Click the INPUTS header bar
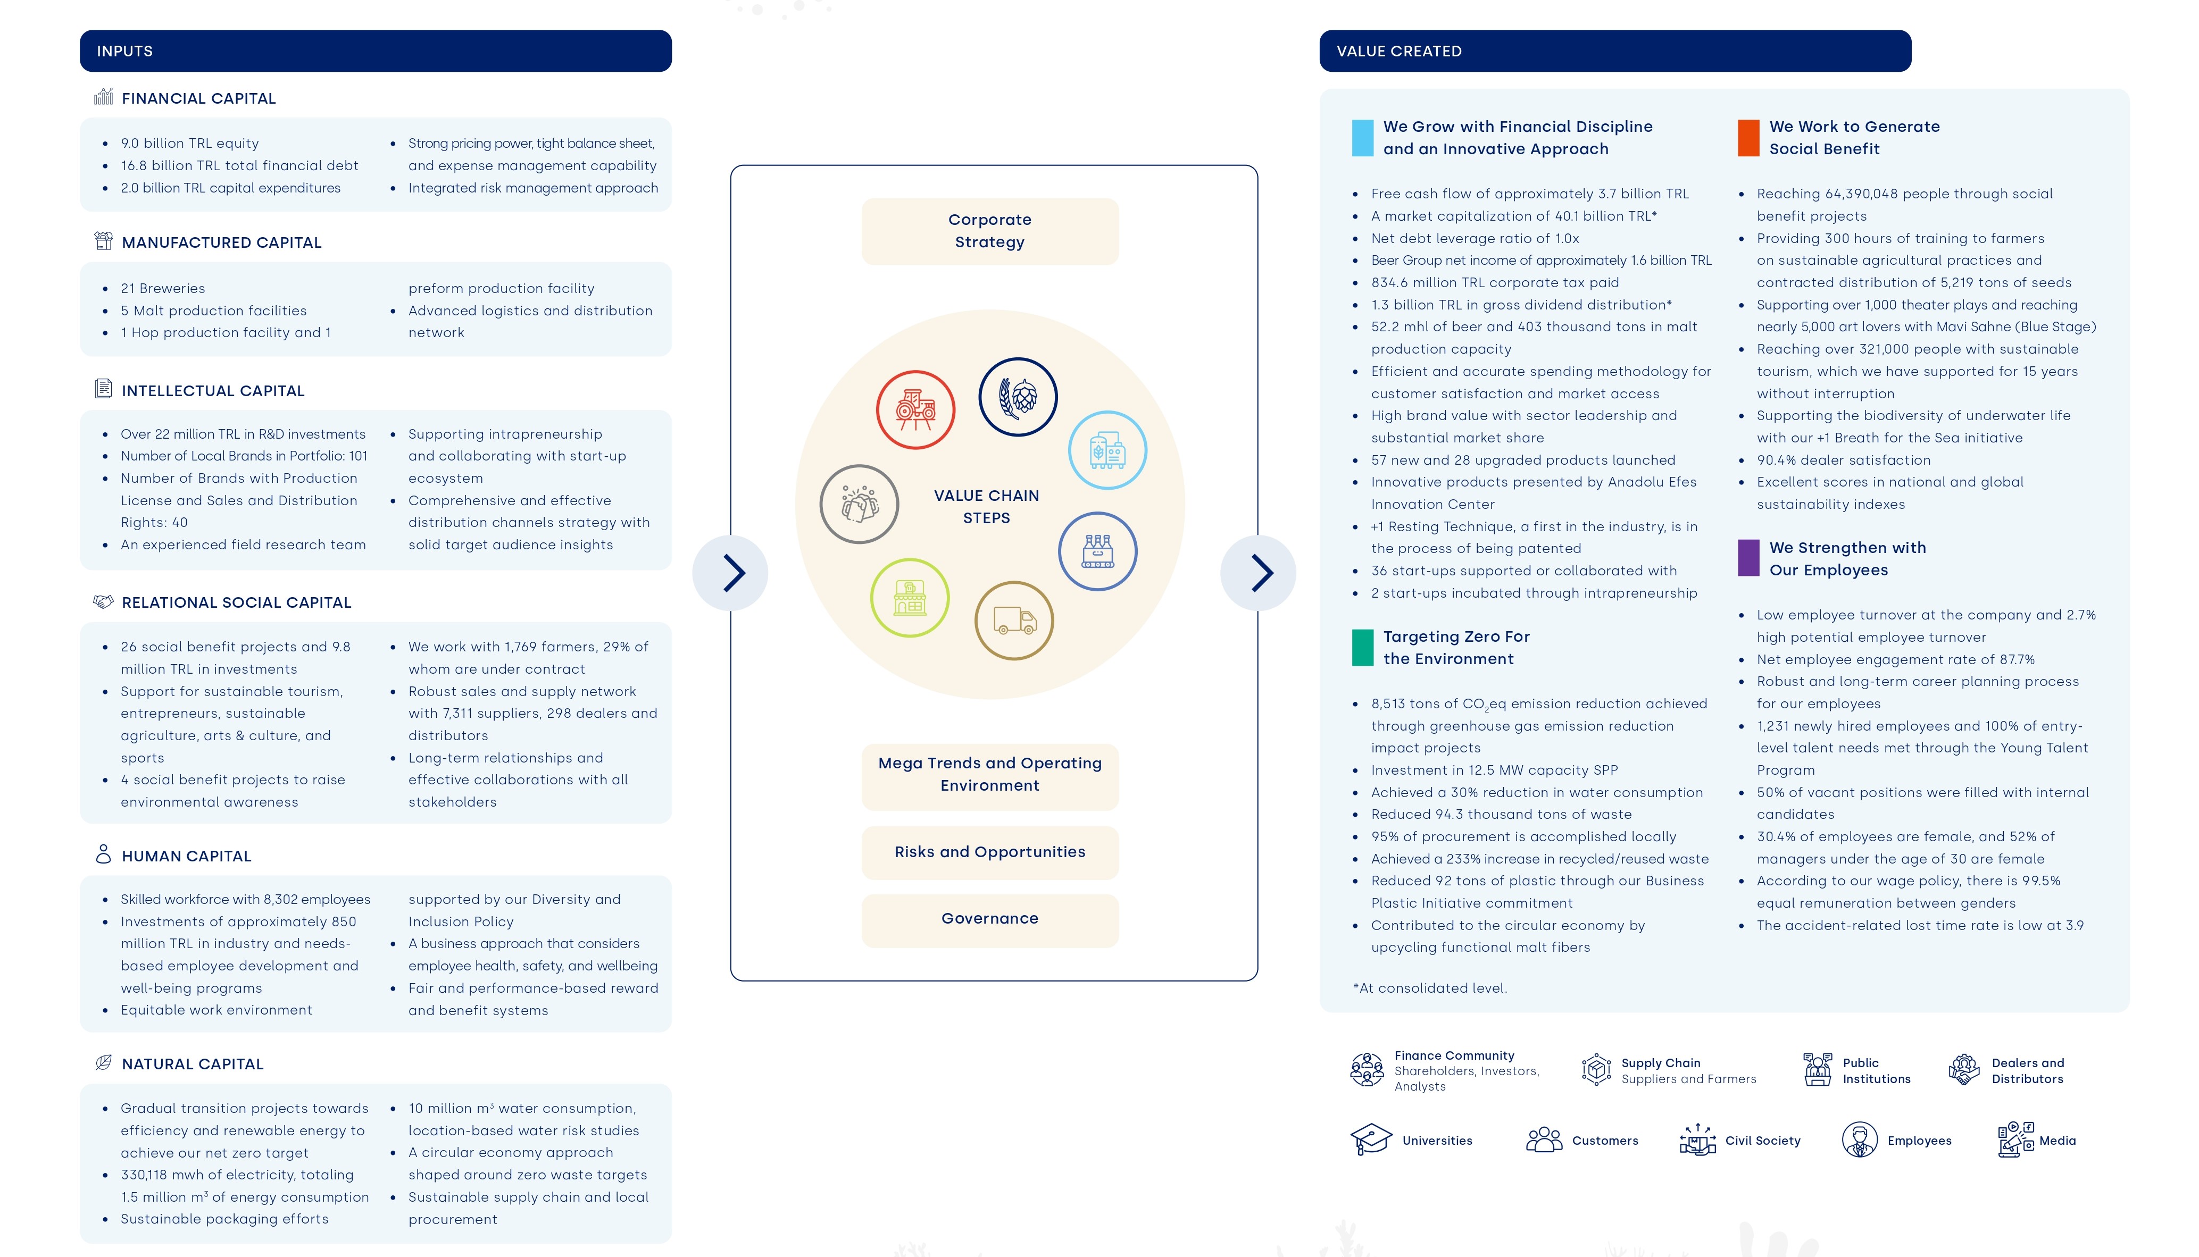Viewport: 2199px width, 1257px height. (376, 51)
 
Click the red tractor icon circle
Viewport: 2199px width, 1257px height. (915, 410)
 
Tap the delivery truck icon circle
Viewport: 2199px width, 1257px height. (1014, 621)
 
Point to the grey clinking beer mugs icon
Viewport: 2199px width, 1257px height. (859, 504)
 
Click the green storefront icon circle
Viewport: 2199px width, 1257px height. (910, 598)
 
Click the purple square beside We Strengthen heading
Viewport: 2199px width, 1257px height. (1748, 558)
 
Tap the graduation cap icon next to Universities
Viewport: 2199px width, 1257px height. (1371, 1139)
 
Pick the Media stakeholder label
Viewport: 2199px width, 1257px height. (2058, 1141)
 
